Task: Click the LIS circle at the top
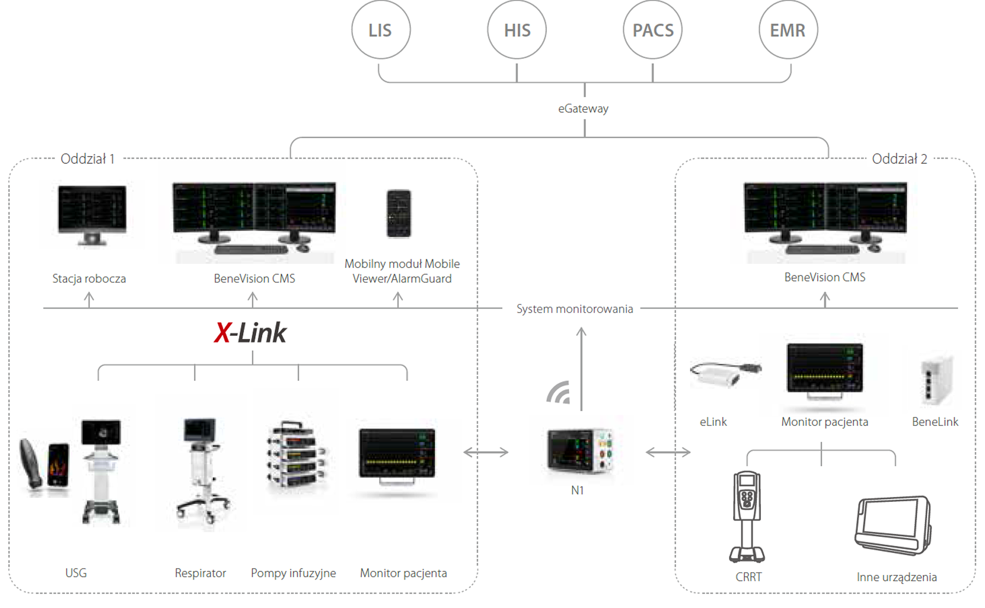tap(381, 30)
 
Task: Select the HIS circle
tap(517, 30)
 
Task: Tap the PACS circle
tap(653, 30)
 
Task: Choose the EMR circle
tap(788, 30)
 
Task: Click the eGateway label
tap(583, 109)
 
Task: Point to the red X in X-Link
tap(222, 333)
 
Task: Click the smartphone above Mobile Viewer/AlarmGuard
tap(399, 214)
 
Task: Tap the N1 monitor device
tap(580, 450)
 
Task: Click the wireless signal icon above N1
tap(559, 393)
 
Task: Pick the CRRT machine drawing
tap(747, 516)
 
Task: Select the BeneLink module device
tap(936, 380)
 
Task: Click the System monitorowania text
tap(574, 309)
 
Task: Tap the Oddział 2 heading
tap(899, 159)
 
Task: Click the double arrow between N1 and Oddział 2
tap(668, 453)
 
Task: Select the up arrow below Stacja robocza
tap(89, 299)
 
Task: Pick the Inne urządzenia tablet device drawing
tap(893, 525)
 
